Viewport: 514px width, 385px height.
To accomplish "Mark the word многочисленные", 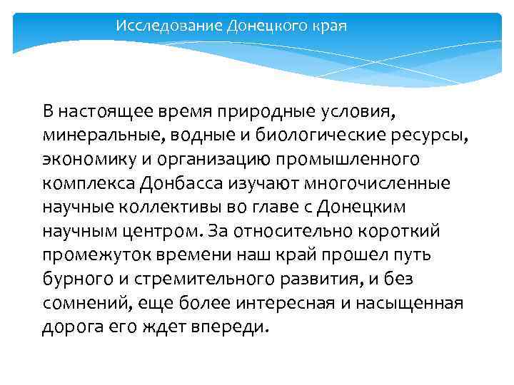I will point(378,183).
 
